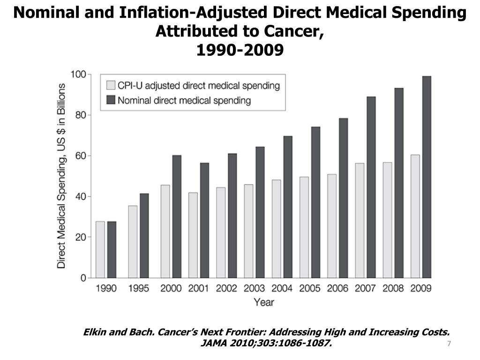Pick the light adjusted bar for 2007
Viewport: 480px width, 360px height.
pyautogui.click(x=360, y=220)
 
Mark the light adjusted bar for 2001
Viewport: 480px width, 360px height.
pyautogui.click(x=193, y=235)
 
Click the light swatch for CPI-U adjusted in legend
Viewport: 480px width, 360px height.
pyautogui.click(x=111, y=85)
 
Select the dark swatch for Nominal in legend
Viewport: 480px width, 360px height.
pyautogui.click(x=111, y=100)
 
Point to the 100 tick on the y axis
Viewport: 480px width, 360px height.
pyautogui.click(x=78, y=74)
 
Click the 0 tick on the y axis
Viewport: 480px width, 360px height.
pyautogui.click(x=83, y=278)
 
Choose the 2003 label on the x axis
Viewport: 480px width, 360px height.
pyautogui.click(x=254, y=288)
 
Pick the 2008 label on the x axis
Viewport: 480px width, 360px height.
pyautogui.click(x=393, y=288)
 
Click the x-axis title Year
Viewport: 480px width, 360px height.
pyautogui.click(x=264, y=302)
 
